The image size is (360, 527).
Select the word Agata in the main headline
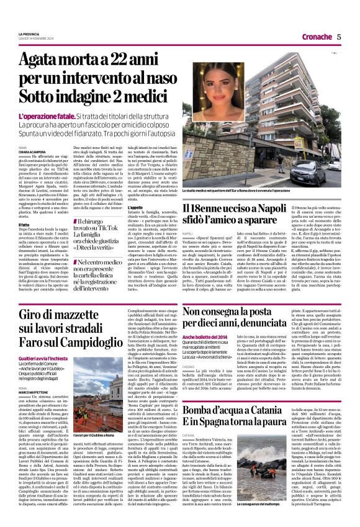click(x=42, y=61)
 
